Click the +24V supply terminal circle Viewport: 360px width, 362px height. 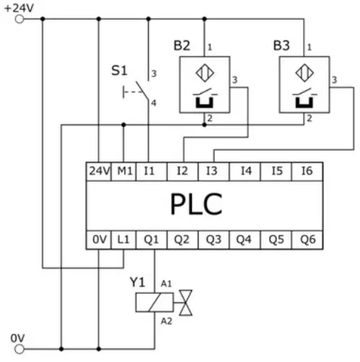[x=19, y=19]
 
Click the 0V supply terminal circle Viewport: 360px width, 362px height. [x=19, y=349]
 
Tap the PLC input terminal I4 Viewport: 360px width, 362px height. [x=245, y=172]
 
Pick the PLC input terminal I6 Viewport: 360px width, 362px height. [x=307, y=172]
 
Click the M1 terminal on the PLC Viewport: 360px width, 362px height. [x=123, y=172]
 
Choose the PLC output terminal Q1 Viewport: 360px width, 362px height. [x=152, y=240]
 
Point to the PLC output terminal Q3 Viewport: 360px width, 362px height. [x=214, y=240]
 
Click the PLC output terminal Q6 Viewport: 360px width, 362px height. [x=307, y=240]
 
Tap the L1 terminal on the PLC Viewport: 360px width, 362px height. [x=123, y=240]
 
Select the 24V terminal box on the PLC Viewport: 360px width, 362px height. [x=99, y=172]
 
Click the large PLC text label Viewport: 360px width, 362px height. [x=196, y=204]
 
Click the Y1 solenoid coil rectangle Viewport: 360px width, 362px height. [x=154, y=302]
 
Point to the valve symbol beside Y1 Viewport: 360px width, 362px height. [x=185, y=303]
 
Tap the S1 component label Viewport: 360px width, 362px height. [x=119, y=71]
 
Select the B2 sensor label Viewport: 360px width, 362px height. [x=182, y=45]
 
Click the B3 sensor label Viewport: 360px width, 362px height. [x=281, y=45]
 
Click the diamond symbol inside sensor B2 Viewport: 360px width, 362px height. [x=205, y=73]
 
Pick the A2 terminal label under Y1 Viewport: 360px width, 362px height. [x=167, y=321]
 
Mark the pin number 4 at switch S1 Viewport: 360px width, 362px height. [x=154, y=103]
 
